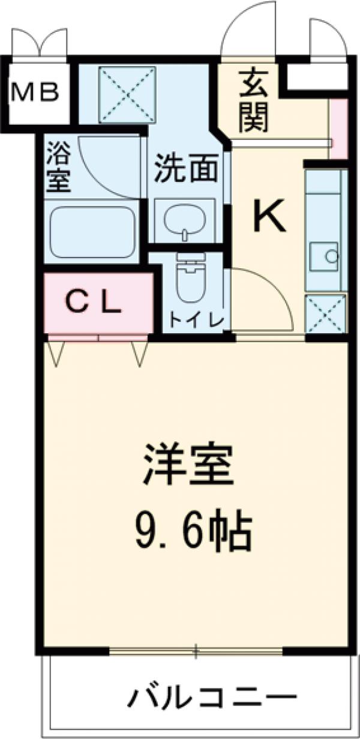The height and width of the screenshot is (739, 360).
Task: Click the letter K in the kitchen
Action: tap(268, 217)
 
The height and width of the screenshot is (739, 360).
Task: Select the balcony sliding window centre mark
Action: tap(196, 650)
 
